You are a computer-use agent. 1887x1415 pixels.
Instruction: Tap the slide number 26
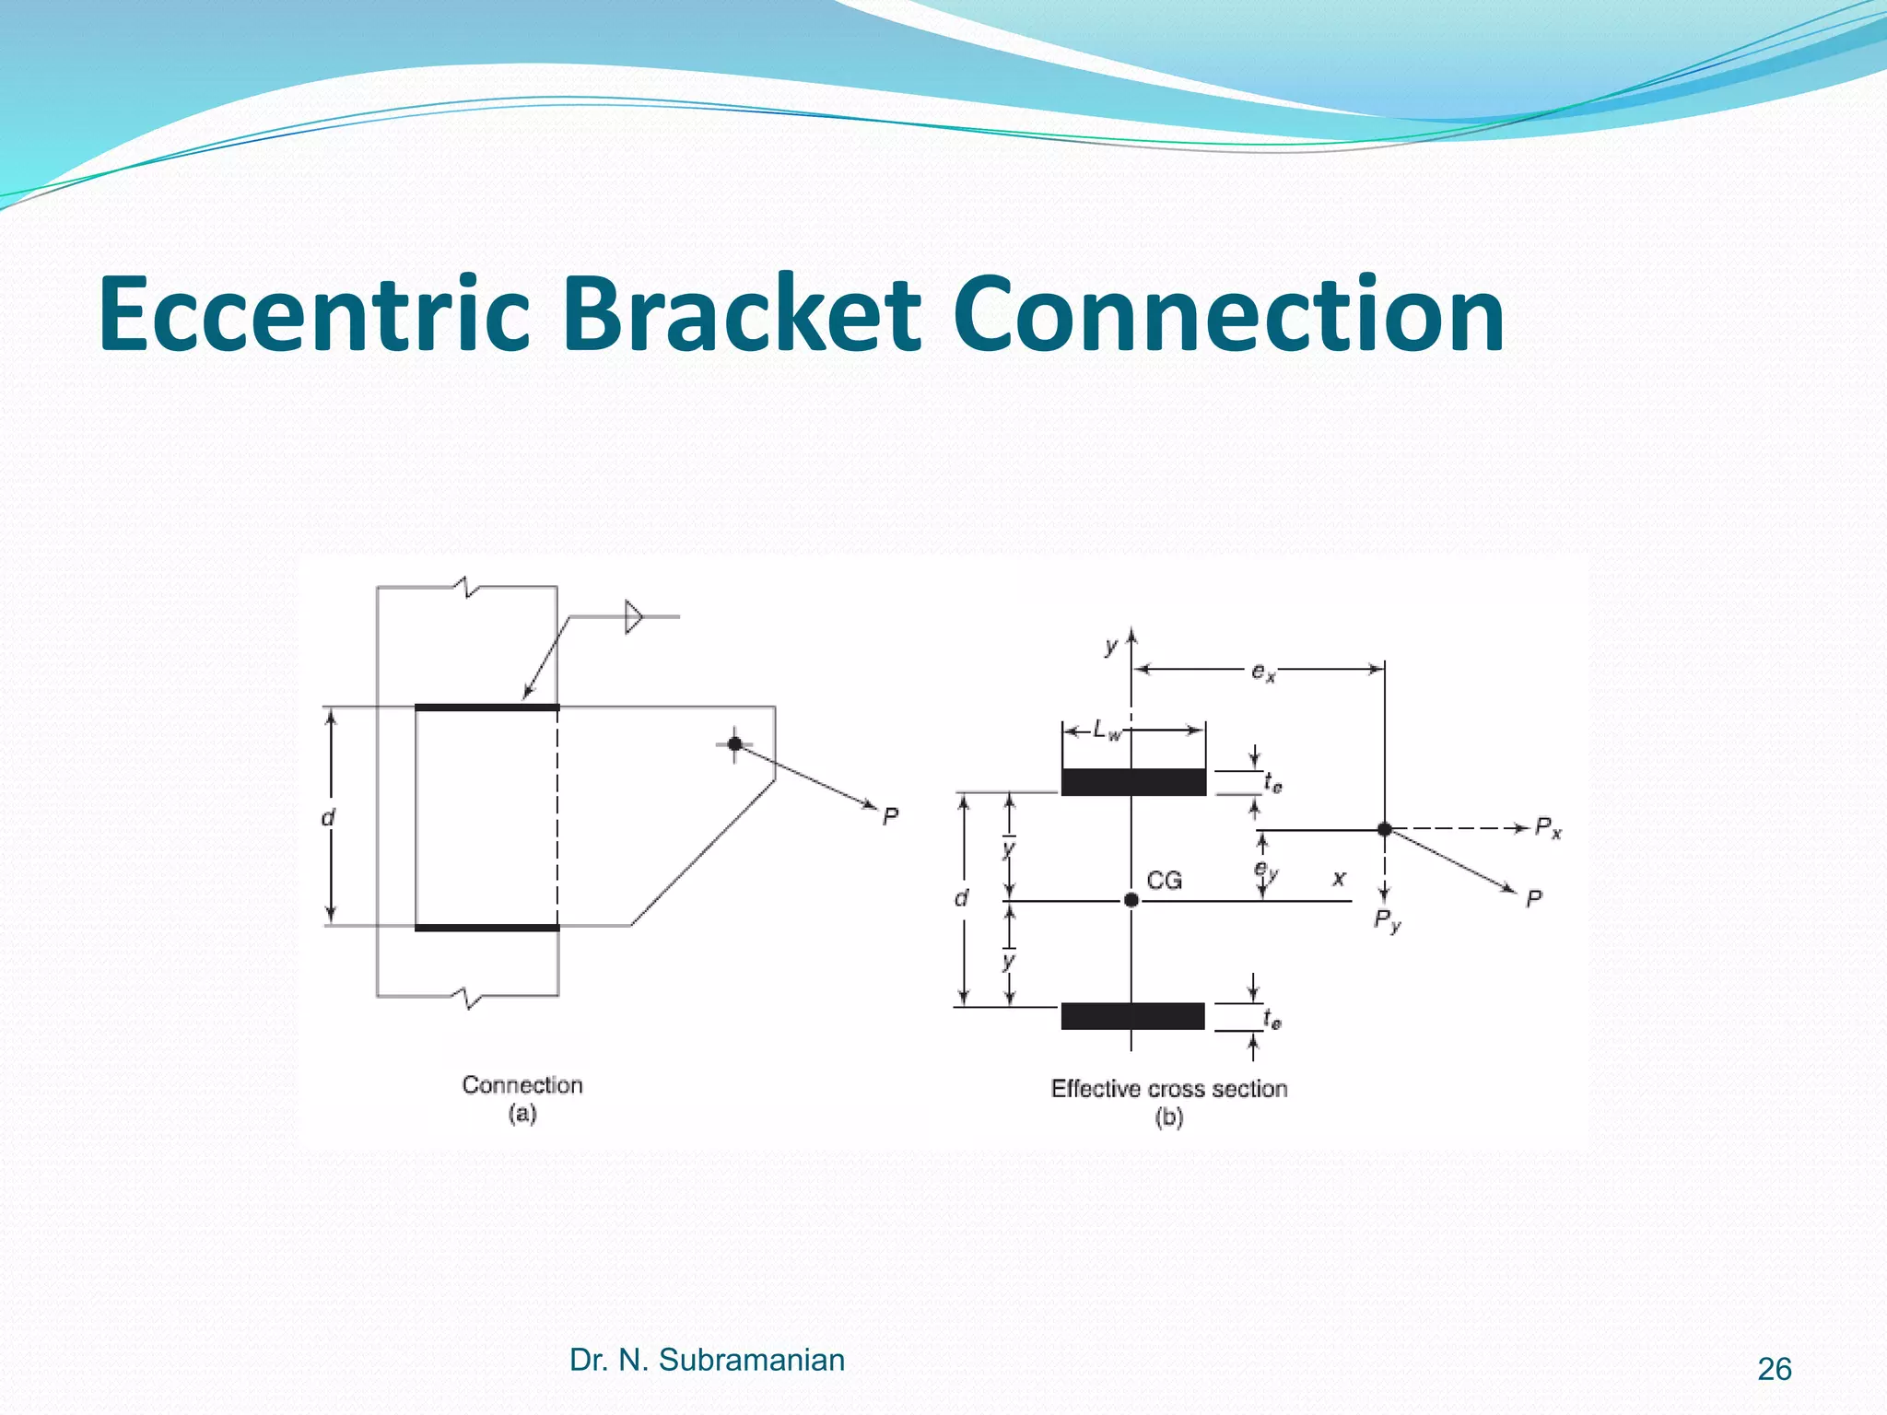click(x=1774, y=1370)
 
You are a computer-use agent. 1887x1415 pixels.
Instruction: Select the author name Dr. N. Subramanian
click(x=707, y=1360)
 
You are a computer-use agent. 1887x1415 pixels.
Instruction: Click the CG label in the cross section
click(x=1164, y=881)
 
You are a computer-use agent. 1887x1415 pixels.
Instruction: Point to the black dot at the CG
click(x=1131, y=900)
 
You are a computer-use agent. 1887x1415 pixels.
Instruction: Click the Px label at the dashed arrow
click(x=1548, y=829)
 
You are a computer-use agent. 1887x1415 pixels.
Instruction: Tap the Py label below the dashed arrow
click(x=1387, y=919)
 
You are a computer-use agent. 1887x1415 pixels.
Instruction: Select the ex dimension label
click(x=1263, y=672)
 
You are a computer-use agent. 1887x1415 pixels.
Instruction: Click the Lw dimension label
click(x=1107, y=731)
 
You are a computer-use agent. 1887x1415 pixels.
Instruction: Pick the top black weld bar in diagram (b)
click(x=1133, y=782)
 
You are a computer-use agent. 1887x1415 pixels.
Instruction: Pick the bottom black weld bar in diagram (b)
click(x=1132, y=1016)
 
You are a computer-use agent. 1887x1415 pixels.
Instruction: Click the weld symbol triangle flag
click(x=634, y=616)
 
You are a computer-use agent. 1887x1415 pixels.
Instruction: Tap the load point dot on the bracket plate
click(x=734, y=743)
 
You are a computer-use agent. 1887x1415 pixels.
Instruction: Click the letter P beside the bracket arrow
click(x=890, y=817)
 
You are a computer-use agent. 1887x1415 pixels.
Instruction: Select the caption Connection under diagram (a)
click(x=522, y=1085)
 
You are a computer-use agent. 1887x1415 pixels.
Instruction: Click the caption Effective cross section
click(x=1168, y=1089)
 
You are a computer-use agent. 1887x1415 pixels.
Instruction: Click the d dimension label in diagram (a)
click(x=328, y=818)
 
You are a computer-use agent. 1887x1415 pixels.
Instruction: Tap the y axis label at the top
click(x=1111, y=647)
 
